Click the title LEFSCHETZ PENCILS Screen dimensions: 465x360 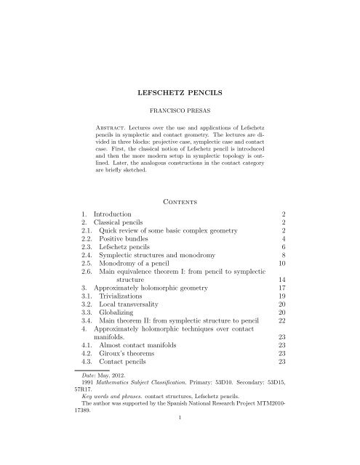[180, 94]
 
